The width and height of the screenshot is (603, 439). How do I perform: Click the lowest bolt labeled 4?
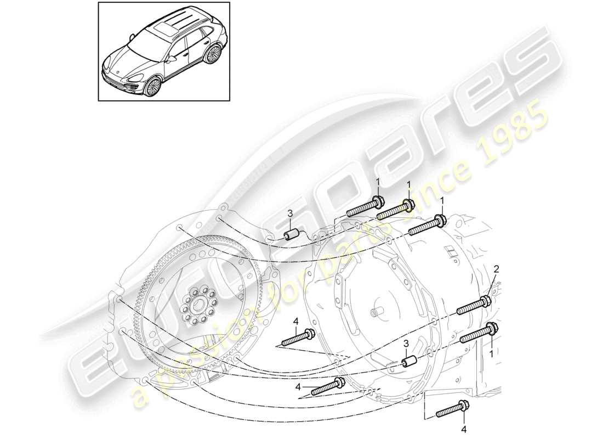451,410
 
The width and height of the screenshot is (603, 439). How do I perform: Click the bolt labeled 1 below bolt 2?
479,333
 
